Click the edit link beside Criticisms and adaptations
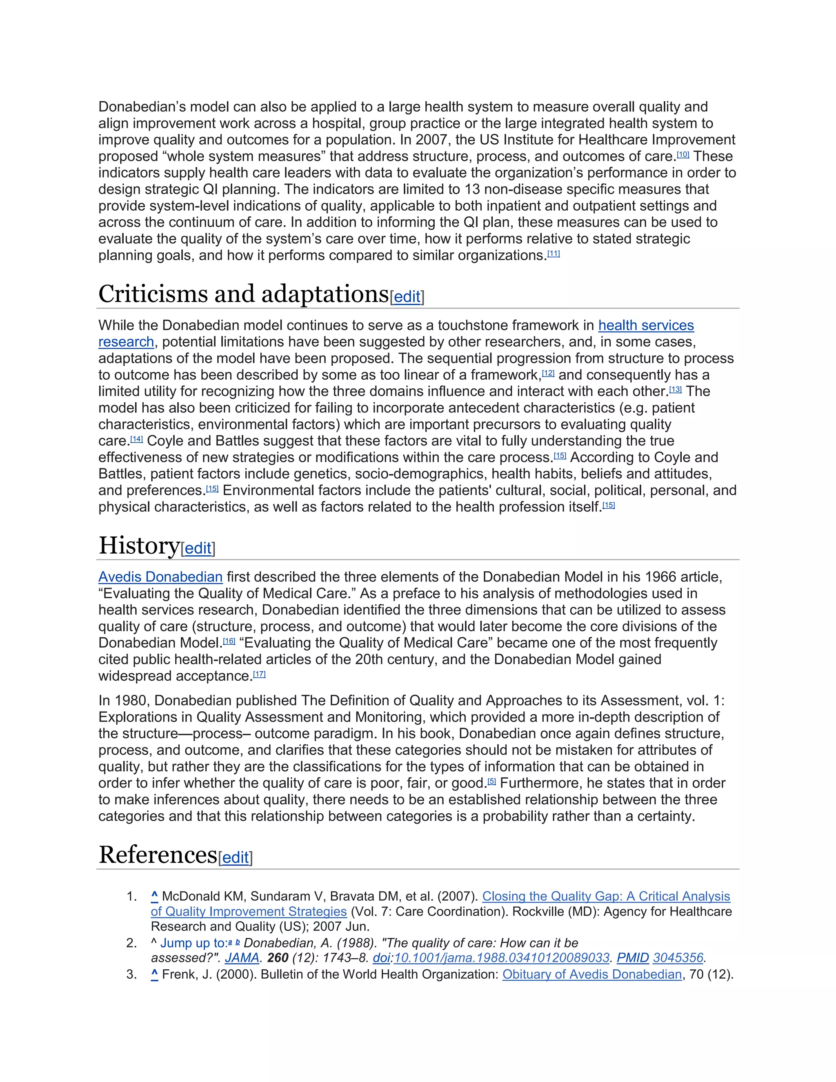click(x=407, y=297)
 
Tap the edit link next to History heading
click(x=198, y=548)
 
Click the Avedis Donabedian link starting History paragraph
click(x=160, y=577)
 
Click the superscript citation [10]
click(x=683, y=155)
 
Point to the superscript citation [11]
click(x=553, y=254)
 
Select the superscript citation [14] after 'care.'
click(x=136, y=439)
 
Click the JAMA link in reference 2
click(x=242, y=958)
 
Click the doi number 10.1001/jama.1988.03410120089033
click(x=501, y=958)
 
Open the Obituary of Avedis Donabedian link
click(x=592, y=975)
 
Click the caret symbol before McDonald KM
click(x=155, y=896)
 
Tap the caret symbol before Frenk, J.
click(x=155, y=975)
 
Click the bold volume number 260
click(x=278, y=958)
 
